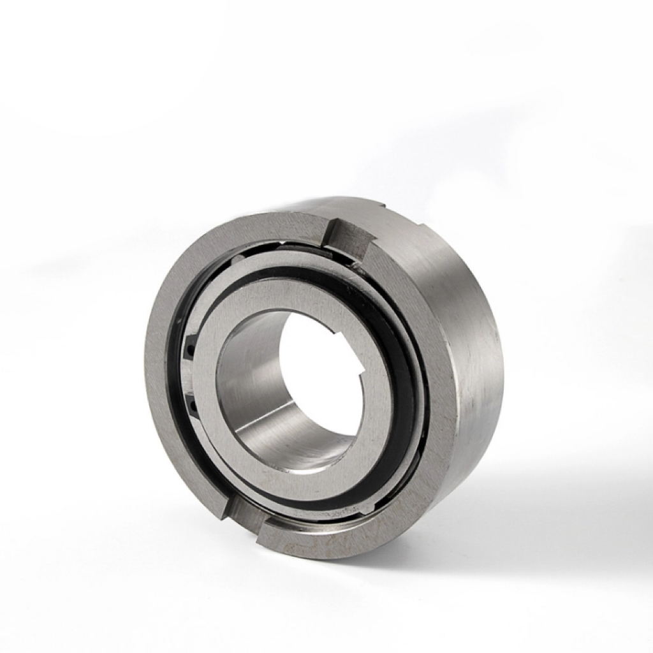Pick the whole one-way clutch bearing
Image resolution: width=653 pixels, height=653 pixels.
[325, 376]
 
